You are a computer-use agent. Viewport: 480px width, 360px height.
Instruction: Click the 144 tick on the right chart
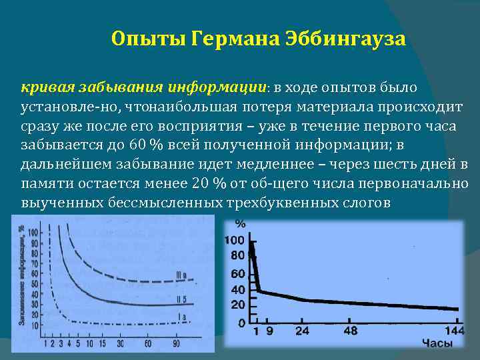(455, 331)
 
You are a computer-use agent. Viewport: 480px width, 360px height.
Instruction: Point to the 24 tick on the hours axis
(303, 331)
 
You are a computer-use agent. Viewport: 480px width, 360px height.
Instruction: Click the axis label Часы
(437, 343)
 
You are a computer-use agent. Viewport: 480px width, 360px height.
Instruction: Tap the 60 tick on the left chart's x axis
(147, 344)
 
